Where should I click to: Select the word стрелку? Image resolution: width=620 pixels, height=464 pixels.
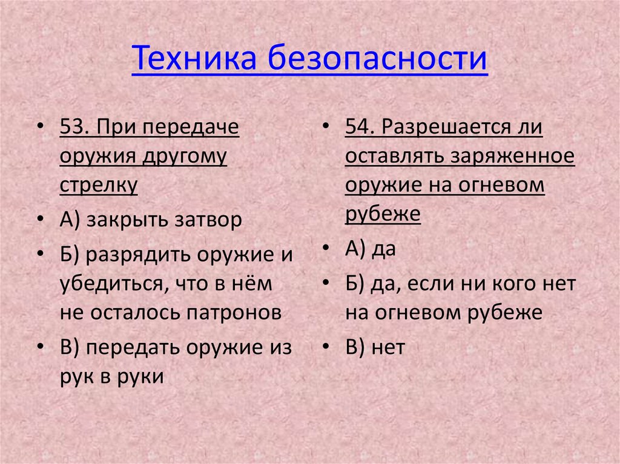(x=99, y=185)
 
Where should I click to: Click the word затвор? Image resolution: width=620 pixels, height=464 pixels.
(x=208, y=221)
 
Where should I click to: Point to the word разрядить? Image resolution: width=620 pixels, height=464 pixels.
(x=136, y=255)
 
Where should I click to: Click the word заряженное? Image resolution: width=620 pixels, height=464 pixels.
(x=512, y=157)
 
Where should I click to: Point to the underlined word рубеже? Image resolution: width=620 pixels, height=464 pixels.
(x=383, y=214)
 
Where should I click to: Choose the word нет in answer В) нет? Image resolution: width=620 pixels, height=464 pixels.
(x=388, y=347)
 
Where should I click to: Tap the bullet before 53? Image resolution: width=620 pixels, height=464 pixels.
(x=40, y=129)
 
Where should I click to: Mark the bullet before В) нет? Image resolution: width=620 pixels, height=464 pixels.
(x=326, y=348)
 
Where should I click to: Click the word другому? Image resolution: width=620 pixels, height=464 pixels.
(x=185, y=157)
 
